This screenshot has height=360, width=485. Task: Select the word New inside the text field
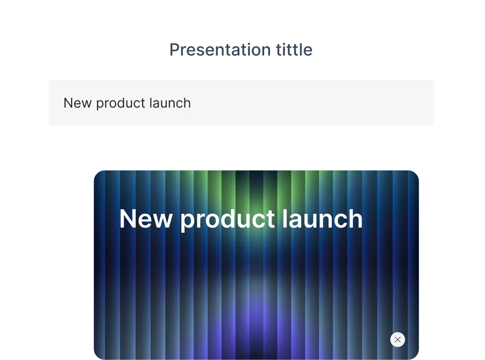(77, 103)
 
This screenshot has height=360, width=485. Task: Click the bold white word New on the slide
(146, 219)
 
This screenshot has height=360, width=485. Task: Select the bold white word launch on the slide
(322, 219)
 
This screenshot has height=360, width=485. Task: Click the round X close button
(398, 339)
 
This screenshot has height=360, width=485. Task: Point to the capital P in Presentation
(174, 50)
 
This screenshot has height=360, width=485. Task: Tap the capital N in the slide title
(128, 219)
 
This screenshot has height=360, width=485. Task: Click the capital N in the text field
(68, 103)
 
